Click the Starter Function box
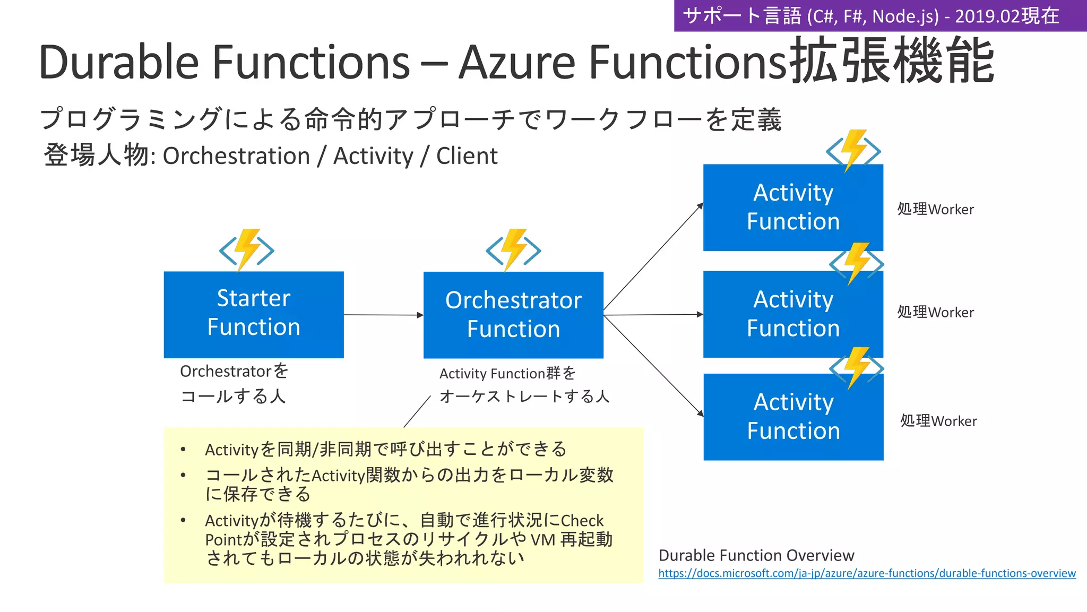(254, 314)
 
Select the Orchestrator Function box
(513, 315)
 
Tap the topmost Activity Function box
(793, 208)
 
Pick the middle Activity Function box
(793, 314)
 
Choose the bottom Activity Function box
(793, 417)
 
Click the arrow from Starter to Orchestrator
(383, 315)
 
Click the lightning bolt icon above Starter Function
(247, 249)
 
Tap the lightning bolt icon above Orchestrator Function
(513, 249)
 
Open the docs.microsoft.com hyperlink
(867, 573)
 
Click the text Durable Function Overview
(756, 555)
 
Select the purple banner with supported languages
(879, 16)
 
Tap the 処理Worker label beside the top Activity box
(935, 209)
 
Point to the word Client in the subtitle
(467, 156)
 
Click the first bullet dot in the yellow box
(183, 450)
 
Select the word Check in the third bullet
(582, 521)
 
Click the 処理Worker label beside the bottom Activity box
(938, 421)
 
